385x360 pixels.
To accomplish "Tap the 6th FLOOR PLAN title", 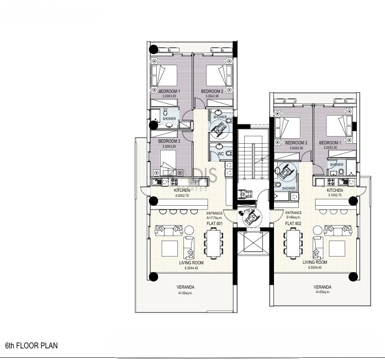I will tap(31, 346).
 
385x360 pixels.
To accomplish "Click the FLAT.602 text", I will tap(293, 223).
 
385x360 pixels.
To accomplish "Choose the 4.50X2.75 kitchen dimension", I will tap(182, 196).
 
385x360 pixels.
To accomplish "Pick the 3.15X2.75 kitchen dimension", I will tap(335, 195).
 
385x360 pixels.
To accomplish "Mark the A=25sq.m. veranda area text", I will tap(322, 294).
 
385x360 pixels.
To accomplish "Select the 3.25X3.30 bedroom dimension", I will tap(330, 148).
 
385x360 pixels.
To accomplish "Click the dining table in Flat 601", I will tap(213, 244).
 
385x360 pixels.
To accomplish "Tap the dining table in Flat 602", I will tap(293, 244).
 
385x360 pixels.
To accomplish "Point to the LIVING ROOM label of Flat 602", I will tap(315, 262).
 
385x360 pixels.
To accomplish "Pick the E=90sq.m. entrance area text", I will tap(293, 218).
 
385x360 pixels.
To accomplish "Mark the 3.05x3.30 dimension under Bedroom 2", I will tap(212, 96).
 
